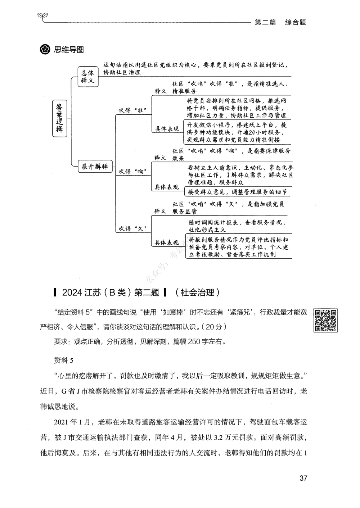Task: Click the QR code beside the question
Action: (326, 320)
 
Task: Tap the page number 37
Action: (303, 478)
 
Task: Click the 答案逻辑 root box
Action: (59, 118)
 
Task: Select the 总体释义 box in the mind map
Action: (87, 76)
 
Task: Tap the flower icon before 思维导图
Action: (45, 50)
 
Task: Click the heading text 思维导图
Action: (69, 50)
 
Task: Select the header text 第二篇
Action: (265, 22)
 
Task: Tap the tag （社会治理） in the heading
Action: (196, 292)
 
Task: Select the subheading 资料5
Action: (63, 360)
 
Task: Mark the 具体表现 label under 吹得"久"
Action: (167, 242)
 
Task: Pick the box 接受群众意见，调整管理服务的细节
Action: (237, 192)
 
